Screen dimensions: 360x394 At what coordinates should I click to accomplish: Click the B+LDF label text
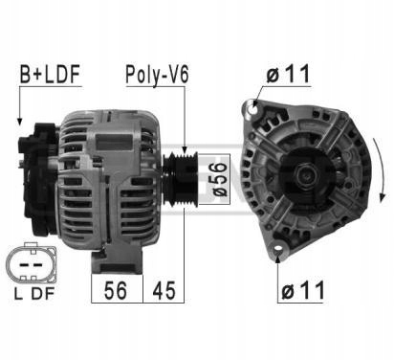tap(49, 73)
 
